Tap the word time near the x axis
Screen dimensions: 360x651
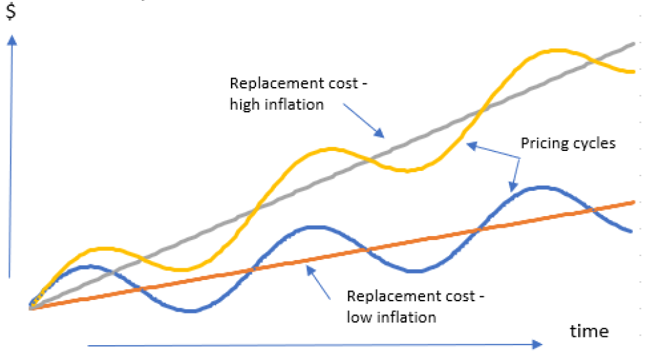coord(589,331)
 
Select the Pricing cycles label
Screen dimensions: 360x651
coord(568,143)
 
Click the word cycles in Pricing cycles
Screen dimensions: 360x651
coord(594,143)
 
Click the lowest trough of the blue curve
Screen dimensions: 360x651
coord(189,311)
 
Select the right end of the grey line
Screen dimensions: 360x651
coord(634,43)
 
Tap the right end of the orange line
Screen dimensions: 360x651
coord(634,202)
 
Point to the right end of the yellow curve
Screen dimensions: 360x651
coord(634,71)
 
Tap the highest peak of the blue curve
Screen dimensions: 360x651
coord(543,188)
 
